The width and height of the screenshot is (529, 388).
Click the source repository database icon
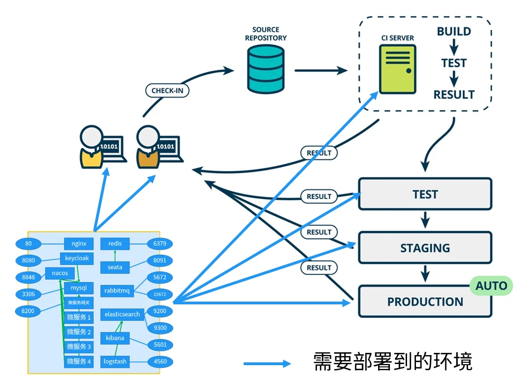pyautogui.click(x=266, y=70)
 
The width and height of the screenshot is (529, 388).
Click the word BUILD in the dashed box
pyautogui.click(x=454, y=32)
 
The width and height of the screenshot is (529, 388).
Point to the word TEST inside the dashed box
pyautogui.click(x=454, y=63)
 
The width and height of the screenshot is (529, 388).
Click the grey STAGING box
pyautogui.click(x=425, y=248)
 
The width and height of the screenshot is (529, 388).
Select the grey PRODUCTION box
pyautogui.click(x=425, y=302)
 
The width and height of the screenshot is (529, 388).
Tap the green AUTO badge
pyautogui.click(x=491, y=287)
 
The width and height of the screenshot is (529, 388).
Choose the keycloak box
pyautogui.click(x=77, y=259)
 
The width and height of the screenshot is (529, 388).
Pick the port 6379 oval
pyautogui.click(x=160, y=244)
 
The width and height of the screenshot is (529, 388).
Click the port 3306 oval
pyautogui.click(x=29, y=294)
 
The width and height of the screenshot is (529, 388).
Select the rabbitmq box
pyautogui.click(x=116, y=290)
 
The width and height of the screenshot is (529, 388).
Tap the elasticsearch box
pyautogui.click(x=122, y=314)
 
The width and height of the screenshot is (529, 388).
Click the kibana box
pyautogui.click(x=115, y=338)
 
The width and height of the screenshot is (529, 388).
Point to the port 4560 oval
pyautogui.click(x=160, y=361)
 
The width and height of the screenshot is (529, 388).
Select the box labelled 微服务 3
pyautogui.click(x=79, y=347)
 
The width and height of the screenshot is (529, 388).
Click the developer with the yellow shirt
pyautogui.click(x=91, y=146)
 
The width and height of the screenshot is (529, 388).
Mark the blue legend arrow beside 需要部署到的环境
pyautogui.click(x=267, y=363)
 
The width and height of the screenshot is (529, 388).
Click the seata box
pyautogui.click(x=115, y=268)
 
